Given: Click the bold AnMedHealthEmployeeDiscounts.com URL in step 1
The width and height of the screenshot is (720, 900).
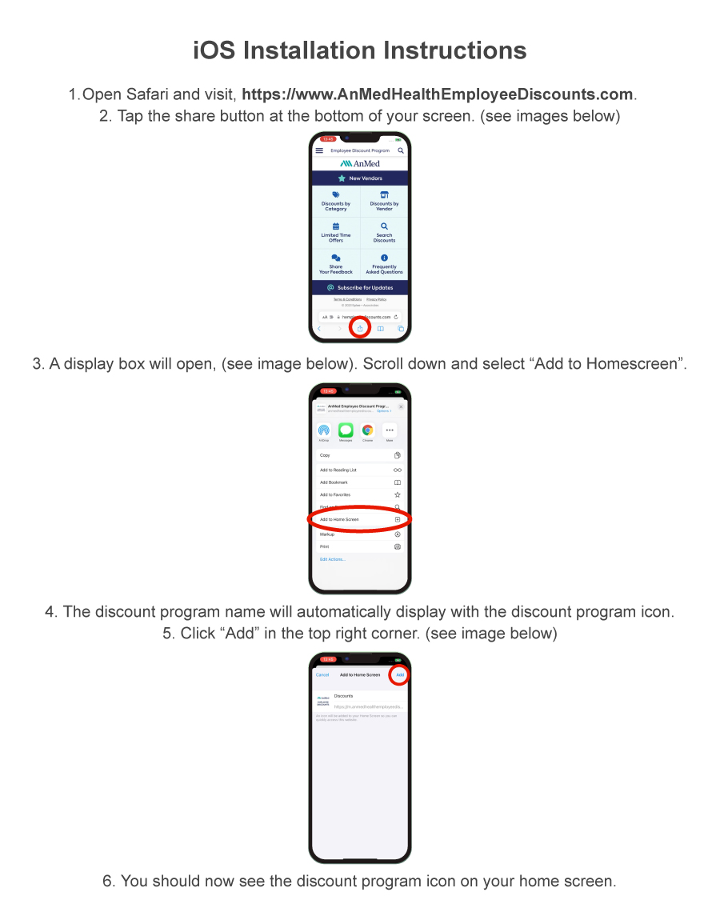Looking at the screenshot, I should click(438, 94).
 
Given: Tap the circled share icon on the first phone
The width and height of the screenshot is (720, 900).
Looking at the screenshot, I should click(360, 328).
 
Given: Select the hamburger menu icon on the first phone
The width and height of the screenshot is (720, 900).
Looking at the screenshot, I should click(319, 150).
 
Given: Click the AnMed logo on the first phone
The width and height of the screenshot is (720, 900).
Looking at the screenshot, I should click(360, 163).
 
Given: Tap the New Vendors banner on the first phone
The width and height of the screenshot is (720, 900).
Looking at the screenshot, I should click(360, 178).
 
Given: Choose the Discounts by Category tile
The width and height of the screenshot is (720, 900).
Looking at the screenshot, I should click(336, 201).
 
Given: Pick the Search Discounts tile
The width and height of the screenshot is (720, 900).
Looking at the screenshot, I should click(384, 233).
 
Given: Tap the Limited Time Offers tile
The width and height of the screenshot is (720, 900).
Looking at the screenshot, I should click(336, 233).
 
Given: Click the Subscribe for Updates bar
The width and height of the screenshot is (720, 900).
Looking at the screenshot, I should click(360, 287).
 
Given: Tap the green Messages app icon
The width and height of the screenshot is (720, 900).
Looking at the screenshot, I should click(346, 430).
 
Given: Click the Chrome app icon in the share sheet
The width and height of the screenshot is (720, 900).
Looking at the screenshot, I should click(367, 430).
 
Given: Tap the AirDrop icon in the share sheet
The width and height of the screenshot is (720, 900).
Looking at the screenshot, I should click(324, 430).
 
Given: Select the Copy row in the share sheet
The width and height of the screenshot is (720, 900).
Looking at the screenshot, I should click(360, 455).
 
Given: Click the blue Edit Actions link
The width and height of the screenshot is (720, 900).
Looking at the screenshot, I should click(333, 559).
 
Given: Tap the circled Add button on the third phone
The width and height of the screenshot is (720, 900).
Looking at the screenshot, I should click(400, 674).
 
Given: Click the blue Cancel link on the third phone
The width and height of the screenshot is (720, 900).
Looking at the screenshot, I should click(322, 674).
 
